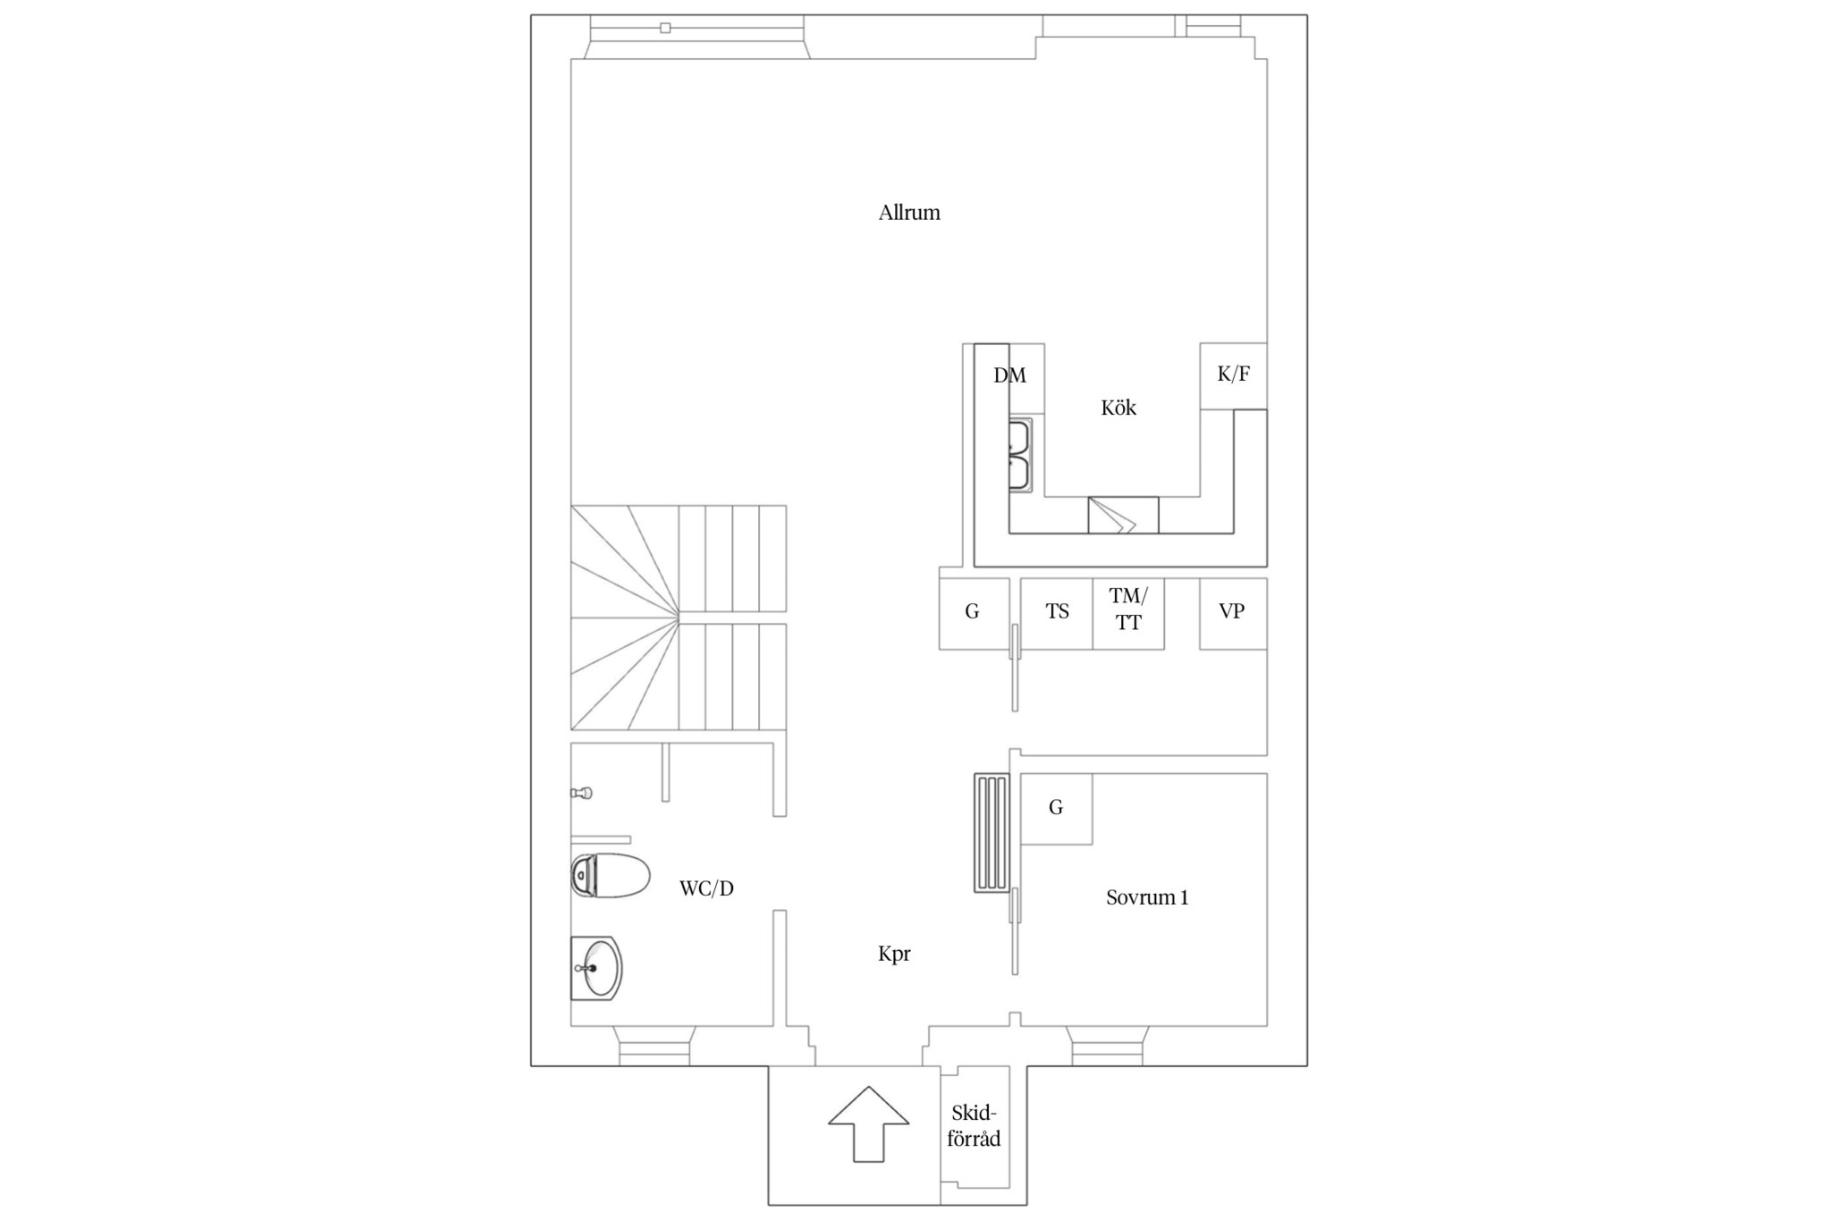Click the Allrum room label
click(x=909, y=213)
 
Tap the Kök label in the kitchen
click(x=1118, y=408)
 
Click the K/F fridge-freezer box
click(x=1233, y=375)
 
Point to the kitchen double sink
click(x=1020, y=455)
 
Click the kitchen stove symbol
click(x=1123, y=516)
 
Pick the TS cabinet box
click(x=1057, y=613)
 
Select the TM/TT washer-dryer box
click(x=1128, y=613)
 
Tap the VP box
click(x=1233, y=613)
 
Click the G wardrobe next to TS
click(x=974, y=613)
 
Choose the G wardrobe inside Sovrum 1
click(x=1057, y=809)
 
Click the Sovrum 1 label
click(x=1147, y=897)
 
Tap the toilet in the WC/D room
click(x=611, y=875)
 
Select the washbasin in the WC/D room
click(x=596, y=968)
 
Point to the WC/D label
click(x=706, y=888)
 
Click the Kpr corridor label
click(x=894, y=954)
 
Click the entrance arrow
click(x=869, y=1124)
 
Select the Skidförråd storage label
click(x=974, y=1126)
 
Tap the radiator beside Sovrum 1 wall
click(x=992, y=833)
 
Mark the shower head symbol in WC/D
click(x=582, y=793)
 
